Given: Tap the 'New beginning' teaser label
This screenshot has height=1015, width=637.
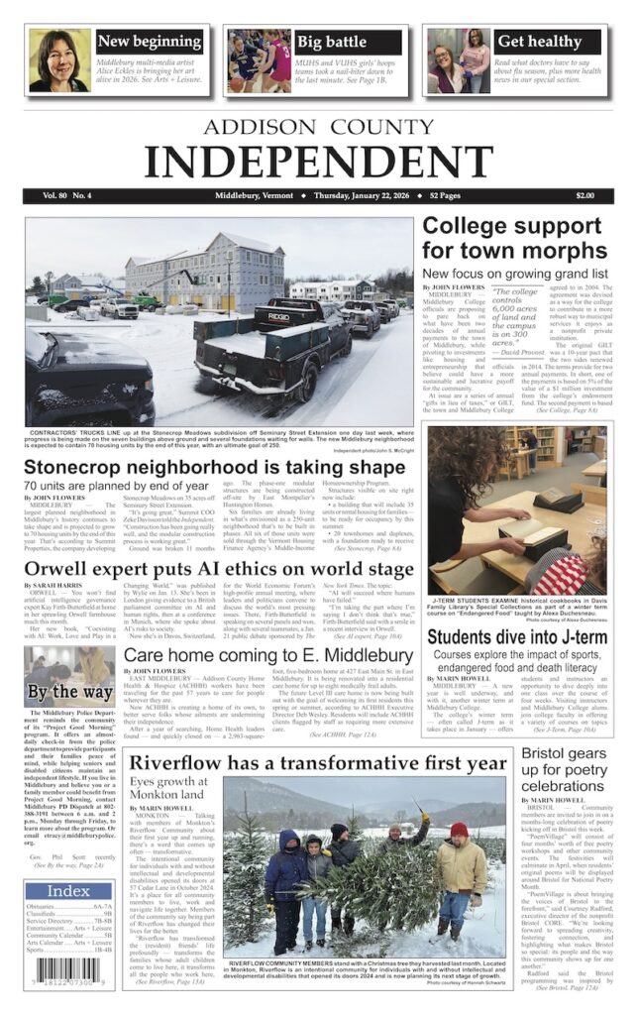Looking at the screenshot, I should click(149, 42).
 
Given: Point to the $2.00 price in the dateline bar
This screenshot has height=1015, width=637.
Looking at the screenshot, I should click(584, 196).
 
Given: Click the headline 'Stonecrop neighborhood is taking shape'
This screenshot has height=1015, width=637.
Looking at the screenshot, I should click(214, 467).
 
